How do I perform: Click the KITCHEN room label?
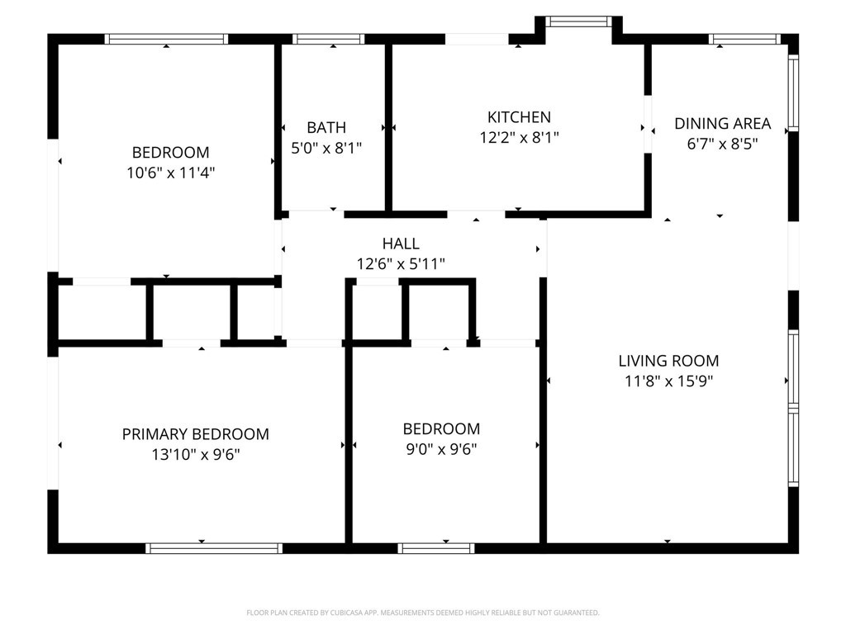coord(519,117)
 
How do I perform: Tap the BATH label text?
coord(326,127)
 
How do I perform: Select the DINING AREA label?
coord(722,124)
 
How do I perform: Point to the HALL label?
coord(401,244)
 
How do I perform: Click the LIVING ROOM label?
coord(668,361)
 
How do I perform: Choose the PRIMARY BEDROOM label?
coord(195,434)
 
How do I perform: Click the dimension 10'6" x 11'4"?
coord(170,173)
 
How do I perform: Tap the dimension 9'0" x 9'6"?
coord(441,449)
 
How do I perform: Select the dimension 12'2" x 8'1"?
coord(519,138)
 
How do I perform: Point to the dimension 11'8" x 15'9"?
coord(668,381)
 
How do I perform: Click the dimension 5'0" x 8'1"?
coord(326,148)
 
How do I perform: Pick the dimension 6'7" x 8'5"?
coord(722,144)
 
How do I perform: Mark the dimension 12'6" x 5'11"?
coord(401,264)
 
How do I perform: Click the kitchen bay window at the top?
coord(578,21)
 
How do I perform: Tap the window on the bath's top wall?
coord(328,39)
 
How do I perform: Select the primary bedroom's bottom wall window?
coord(214,548)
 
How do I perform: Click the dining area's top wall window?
coord(744,39)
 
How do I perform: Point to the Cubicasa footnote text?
coord(423,613)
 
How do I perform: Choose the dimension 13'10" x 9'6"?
coord(195,455)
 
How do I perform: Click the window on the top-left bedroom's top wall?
coord(166,39)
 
